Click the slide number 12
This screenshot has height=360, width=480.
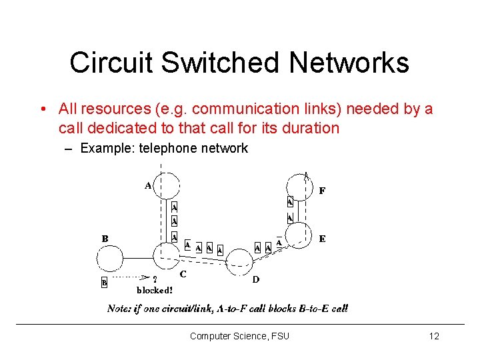434,336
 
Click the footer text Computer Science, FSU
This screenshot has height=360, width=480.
239,336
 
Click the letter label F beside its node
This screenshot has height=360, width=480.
322,191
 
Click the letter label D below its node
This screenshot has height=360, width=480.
255,280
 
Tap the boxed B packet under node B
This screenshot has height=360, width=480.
104,283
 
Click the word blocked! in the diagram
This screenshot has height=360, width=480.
155,290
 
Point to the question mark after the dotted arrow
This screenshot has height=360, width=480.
155,280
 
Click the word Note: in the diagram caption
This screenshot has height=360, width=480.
120,309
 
